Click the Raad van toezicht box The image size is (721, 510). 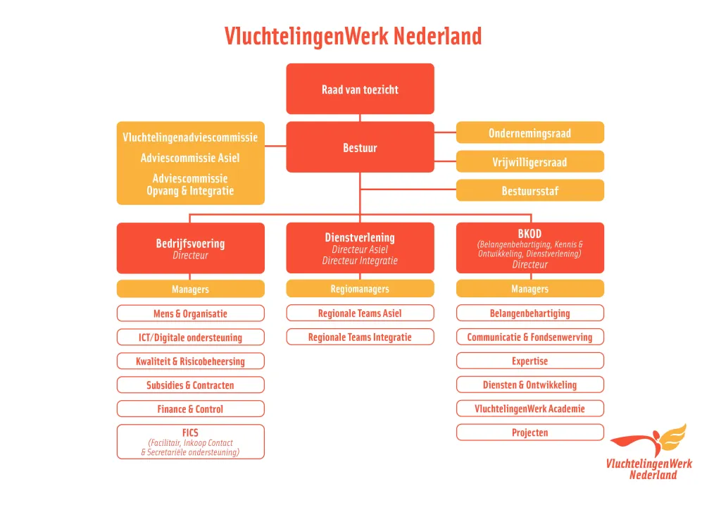[x=360, y=89]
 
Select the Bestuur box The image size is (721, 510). [x=360, y=147]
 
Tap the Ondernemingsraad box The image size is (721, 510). [x=529, y=132]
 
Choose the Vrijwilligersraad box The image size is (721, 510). [x=529, y=162]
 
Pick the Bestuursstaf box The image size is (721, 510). [x=529, y=191]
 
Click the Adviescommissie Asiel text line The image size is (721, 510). [x=190, y=158]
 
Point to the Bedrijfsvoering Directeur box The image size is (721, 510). [x=190, y=248]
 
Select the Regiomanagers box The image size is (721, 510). [x=360, y=289]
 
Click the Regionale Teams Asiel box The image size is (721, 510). [x=360, y=313]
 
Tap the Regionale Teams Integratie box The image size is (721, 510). [x=360, y=337]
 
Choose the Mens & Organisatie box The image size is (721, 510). [x=190, y=313]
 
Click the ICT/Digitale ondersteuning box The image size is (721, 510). [x=190, y=337]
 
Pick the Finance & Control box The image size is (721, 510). [x=190, y=409]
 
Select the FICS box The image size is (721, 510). [x=190, y=442]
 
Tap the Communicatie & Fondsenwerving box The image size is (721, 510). [x=529, y=337]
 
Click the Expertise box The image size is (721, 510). [x=529, y=361]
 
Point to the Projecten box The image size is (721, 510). [x=529, y=433]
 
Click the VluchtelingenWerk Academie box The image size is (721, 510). [x=529, y=409]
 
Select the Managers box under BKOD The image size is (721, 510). [x=529, y=289]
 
